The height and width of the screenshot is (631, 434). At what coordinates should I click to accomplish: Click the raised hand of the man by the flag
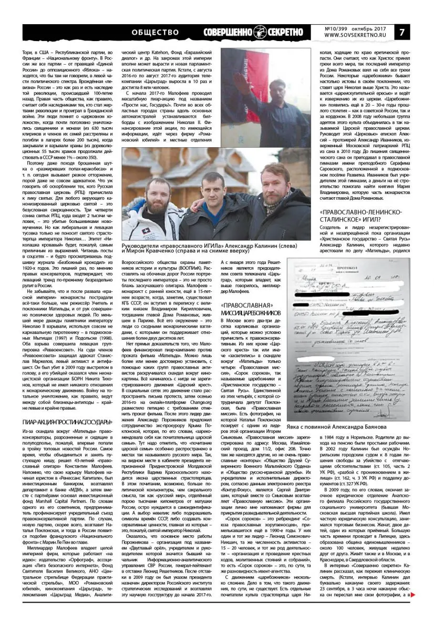click(x=239, y=98)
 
